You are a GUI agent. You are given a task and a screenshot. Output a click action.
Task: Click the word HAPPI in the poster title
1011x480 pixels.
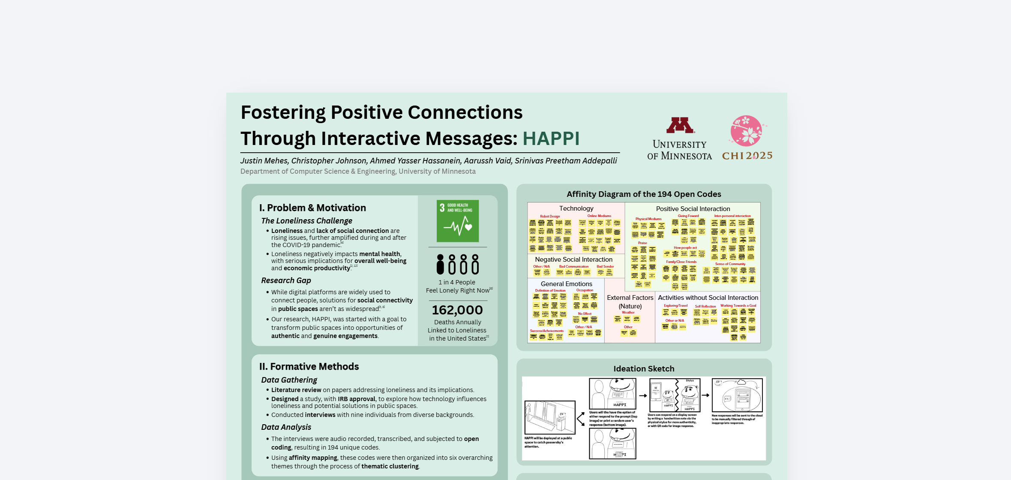tap(551, 139)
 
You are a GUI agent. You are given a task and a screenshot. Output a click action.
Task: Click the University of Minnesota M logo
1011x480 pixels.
tap(680, 125)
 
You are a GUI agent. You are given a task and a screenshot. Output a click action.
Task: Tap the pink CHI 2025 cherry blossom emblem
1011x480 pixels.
tap(747, 130)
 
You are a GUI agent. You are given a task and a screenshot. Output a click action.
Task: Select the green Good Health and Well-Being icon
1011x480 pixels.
tap(458, 221)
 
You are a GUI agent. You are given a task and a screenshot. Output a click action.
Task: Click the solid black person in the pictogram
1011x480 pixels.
tap(440, 264)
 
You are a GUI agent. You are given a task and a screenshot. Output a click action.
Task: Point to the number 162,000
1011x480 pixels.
tap(457, 310)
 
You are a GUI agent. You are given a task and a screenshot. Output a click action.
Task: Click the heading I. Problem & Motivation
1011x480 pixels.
tap(312, 208)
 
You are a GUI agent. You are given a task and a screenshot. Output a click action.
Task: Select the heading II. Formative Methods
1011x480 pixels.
tap(309, 367)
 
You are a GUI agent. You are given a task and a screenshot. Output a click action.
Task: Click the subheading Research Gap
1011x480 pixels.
tap(286, 281)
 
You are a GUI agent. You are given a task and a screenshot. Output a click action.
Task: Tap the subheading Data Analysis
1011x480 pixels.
tap(286, 427)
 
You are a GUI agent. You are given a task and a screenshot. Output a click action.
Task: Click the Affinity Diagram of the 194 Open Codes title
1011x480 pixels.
tap(644, 194)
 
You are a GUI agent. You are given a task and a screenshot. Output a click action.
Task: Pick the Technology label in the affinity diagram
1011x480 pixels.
tap(576, 208)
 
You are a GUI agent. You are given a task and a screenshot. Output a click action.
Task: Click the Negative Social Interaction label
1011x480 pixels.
tap(573, 260)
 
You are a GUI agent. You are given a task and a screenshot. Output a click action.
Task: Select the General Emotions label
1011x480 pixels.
tap(566, 284)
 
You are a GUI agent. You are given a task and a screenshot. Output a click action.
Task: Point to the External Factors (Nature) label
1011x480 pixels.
tap(630, 302)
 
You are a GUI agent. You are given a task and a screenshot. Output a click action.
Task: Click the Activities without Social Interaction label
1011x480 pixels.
tap(708, 298)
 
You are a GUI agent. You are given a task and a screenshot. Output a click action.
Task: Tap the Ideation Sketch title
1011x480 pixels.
tap(644, 369)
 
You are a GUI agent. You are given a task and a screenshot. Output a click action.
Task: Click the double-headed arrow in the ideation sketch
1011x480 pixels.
tap(581, 419)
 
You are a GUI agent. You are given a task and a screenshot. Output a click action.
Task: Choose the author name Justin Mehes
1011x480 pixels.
tap(264, 161)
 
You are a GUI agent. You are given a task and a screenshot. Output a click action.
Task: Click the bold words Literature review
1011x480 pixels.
tap(296, 390)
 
